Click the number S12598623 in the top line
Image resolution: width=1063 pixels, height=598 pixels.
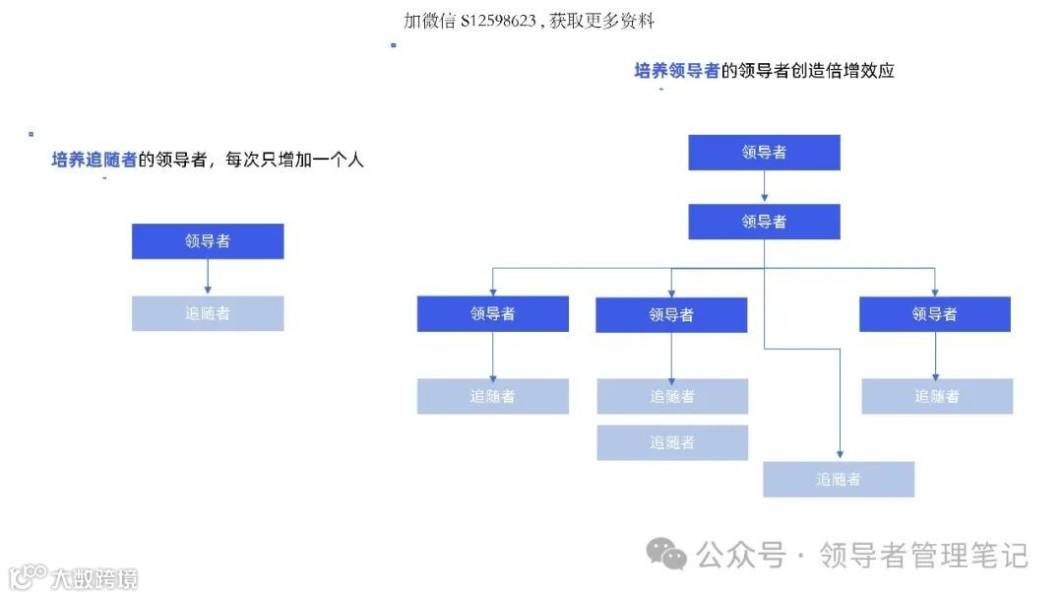498,21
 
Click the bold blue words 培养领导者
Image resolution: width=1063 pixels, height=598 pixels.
677,71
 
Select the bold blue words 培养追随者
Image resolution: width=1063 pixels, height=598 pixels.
94,160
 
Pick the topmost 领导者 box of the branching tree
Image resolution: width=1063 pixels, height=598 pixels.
764,153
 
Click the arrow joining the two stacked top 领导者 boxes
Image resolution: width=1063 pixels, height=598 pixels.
765,187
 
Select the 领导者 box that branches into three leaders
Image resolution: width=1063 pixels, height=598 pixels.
764,222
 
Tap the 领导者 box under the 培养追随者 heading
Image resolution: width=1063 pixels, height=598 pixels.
208,241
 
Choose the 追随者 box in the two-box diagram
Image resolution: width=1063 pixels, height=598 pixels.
208,313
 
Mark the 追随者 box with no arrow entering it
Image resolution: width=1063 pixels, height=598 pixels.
672,442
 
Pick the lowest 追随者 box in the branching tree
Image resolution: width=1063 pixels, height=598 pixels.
839,479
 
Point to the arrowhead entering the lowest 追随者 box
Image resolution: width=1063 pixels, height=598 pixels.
839,456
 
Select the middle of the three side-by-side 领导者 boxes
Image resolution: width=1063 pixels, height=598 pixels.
671,315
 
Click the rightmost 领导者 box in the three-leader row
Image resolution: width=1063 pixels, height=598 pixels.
935,314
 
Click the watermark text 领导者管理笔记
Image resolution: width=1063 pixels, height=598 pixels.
923,556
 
